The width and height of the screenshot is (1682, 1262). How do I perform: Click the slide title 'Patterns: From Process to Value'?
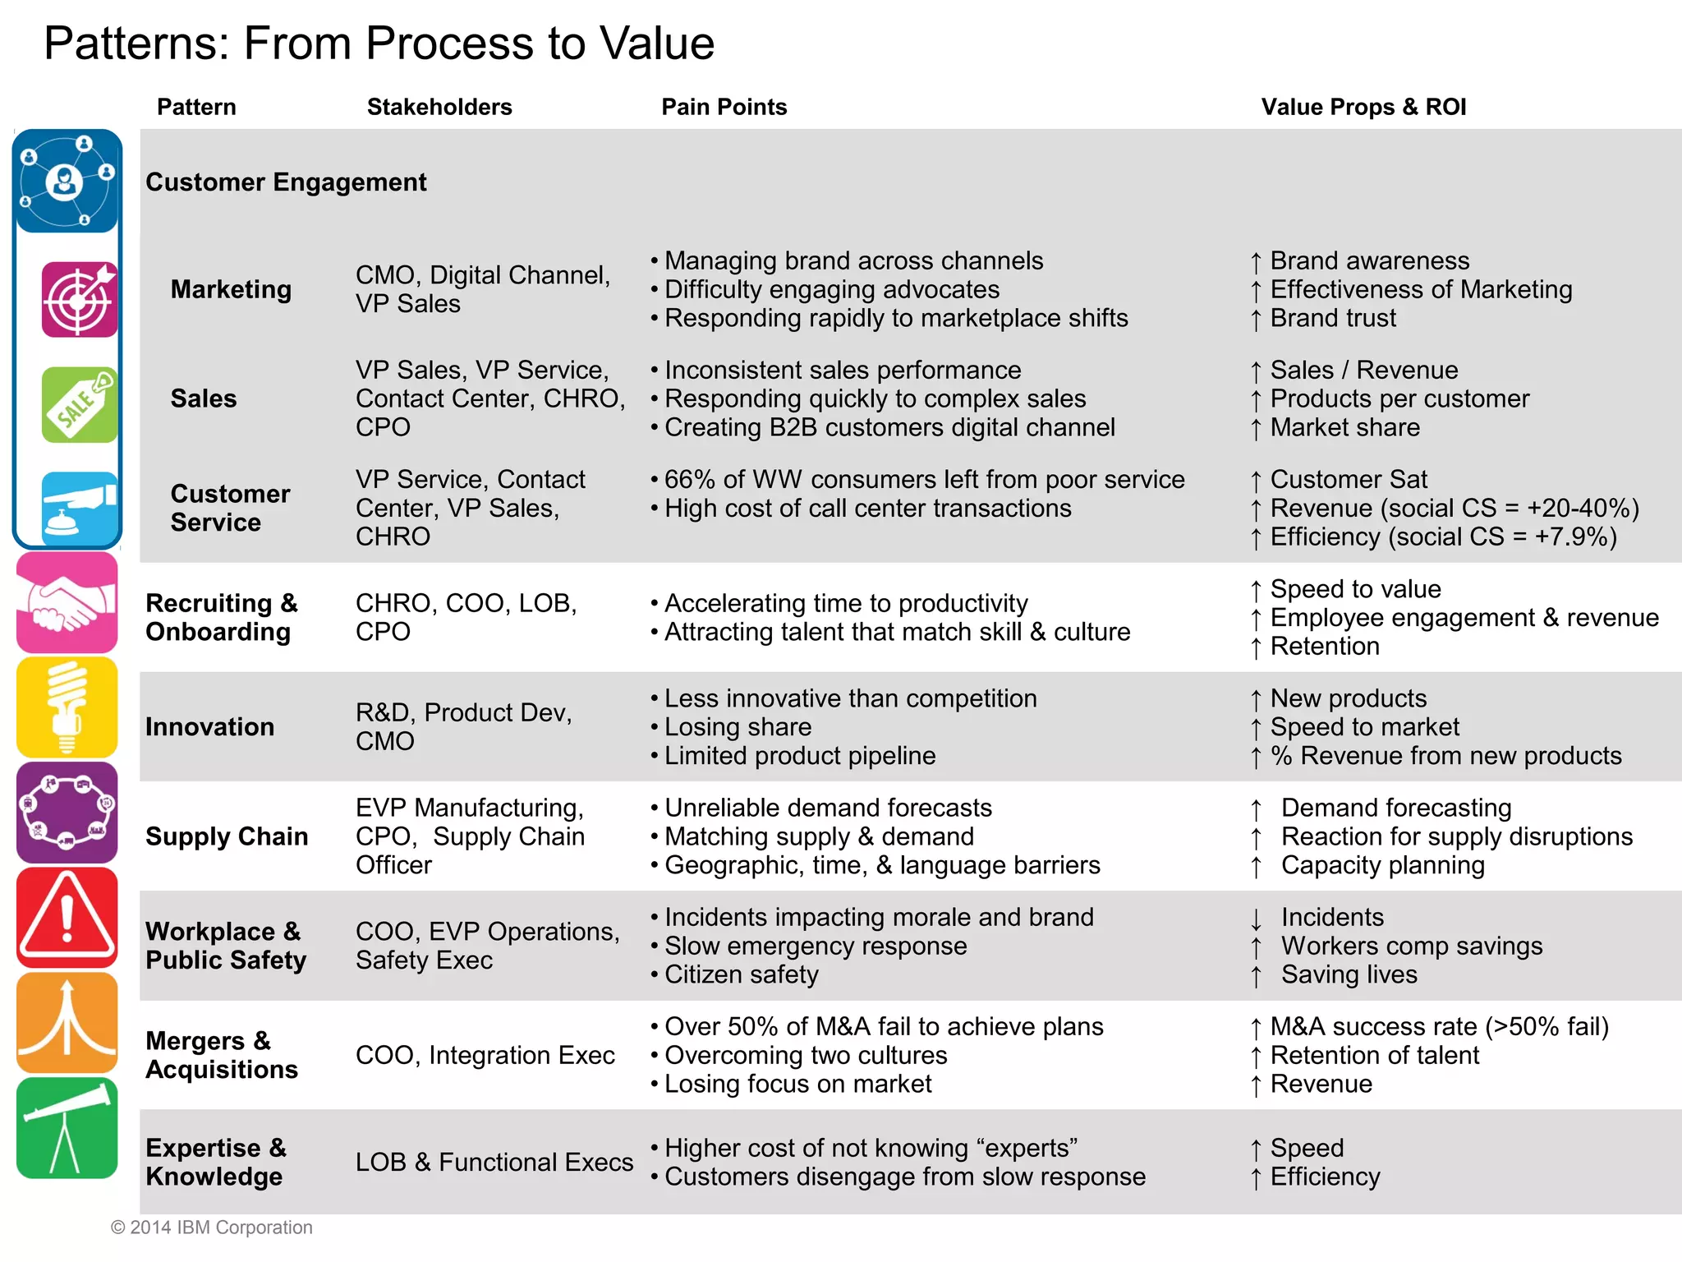point(379,44)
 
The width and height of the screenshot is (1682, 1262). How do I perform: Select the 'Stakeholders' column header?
point(439,107)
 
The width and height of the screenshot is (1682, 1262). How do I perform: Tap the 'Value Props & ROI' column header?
point(1363,107)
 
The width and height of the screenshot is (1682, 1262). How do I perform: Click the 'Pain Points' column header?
point(724,107)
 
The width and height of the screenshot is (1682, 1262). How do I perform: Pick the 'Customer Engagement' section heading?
point(286,182)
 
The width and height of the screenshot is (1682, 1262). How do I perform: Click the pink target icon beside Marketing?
point(80,300)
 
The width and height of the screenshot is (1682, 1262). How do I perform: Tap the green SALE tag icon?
point(80,405)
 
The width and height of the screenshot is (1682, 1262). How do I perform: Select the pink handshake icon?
point(67,603)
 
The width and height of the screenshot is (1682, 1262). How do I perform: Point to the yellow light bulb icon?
point(67,707)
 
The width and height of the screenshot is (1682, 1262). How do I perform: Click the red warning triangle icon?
point(67,918)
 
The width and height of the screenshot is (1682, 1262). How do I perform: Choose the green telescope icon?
point(67,1128)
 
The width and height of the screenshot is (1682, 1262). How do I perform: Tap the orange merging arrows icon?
point(67,1023)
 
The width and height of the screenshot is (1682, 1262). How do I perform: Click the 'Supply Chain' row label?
point(227,836)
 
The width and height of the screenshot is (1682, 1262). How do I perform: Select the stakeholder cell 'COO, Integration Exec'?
point(485,1055)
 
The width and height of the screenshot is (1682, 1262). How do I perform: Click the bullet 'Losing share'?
point(738,727)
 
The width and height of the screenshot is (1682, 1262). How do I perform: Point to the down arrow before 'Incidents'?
point(1256,919)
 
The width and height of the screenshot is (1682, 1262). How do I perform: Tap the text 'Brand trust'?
point(1333,318)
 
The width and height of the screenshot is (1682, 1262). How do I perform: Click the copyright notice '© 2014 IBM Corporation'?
point(212,1227)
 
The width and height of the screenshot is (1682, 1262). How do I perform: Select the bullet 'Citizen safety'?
point(741,974)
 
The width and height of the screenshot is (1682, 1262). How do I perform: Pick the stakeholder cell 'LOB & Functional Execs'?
point(494,1162)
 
